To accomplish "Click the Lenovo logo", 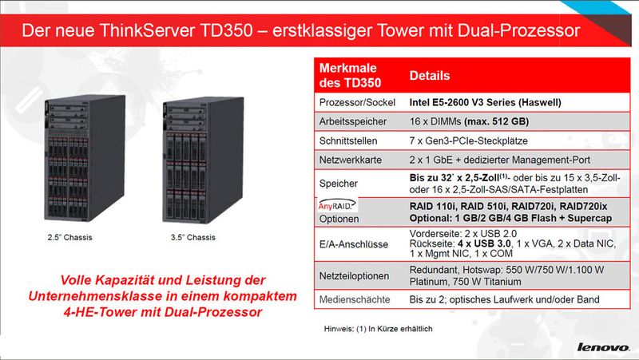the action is (603, 347).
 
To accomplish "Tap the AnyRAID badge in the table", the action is (335, 205).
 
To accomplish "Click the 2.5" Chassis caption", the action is (69, 237).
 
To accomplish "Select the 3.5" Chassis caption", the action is (192, 237).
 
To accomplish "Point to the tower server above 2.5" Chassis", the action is (85, 158).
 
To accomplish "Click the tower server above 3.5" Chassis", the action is (203, 160).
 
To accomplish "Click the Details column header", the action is (430, 76).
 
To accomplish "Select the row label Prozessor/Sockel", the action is (357, 102).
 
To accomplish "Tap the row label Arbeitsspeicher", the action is (353, 121).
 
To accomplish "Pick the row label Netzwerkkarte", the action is (351, 160).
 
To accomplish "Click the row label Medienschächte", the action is (355, 299).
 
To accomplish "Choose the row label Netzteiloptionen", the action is (354, 276).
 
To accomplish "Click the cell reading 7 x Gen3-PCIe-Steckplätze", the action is (468, 141).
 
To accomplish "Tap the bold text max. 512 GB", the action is (496, 121).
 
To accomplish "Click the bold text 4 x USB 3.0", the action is (484, 243).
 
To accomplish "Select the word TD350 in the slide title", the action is (227, 30).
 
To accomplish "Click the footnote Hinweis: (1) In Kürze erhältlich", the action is (378, 329).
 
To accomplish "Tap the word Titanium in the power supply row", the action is (502, 282).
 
